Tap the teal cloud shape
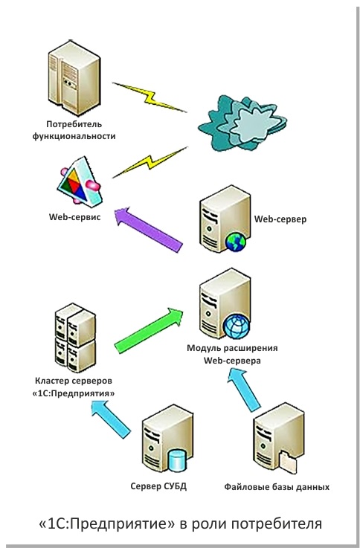(x=242, y=123)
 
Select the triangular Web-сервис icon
(x=80, y=181)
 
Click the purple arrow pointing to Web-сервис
(x=148, y=229)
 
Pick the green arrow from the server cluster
(x=150, y=330)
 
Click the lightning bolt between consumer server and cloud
(x=150, y=97)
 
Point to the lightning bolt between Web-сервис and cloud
(x=150, y=162)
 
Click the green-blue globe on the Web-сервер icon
(x=236, y=242)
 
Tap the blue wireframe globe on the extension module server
(x=237, y=326)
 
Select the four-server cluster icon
(x=75, y=338)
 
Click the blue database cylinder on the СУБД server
(x=178, y=460)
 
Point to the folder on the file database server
(x=288, y=462)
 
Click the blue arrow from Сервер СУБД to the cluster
(x=111, y=419)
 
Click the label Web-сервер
(x=280, y=219)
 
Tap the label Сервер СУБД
(x=158, y=486)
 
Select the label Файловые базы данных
(x=277, y=487)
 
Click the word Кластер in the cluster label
(x=50, y=381)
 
